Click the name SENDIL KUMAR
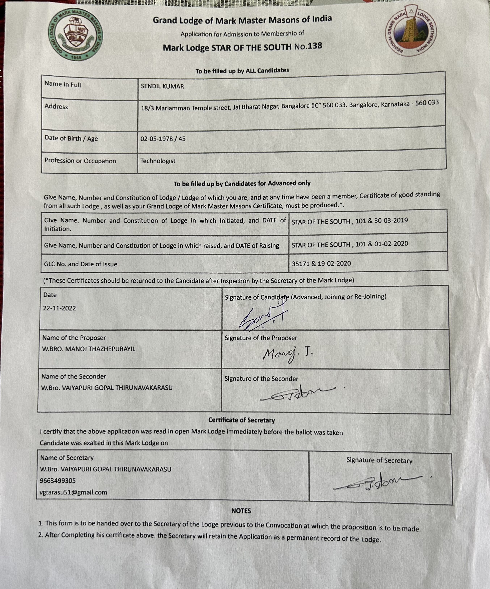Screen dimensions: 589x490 tap(163, 86)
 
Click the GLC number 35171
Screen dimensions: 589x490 tap(301, 264)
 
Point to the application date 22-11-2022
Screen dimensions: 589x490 tap(59, 308)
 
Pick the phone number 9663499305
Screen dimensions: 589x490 tap(58, 481)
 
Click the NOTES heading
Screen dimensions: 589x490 tap(241, 510)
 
